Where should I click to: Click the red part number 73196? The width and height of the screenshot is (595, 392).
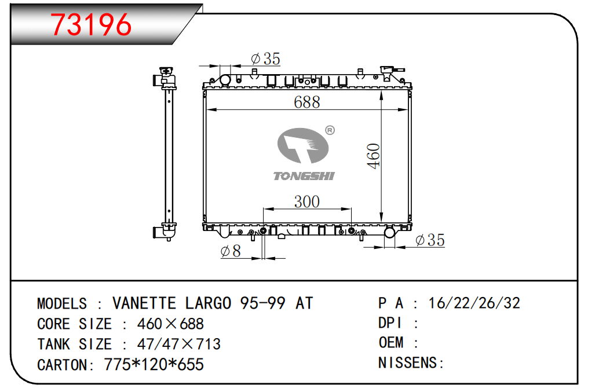click(x=91, y=25)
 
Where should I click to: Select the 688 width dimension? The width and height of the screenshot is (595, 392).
click(x=306, y=102)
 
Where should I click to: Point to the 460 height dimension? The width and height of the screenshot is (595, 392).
click(x=373, y=156)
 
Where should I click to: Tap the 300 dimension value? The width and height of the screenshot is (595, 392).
click(x=306, y=202)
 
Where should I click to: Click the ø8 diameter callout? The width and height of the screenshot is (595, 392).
click(x=231, y=251)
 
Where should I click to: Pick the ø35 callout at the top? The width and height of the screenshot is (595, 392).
click(x=265, y=58)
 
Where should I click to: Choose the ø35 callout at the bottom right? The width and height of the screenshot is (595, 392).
click(x=430, y=240)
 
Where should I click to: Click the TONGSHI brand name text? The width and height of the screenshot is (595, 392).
click(x=304, y=176)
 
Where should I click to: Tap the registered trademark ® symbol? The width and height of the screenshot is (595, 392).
click(x=330, y=130)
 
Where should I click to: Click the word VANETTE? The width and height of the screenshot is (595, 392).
click(x=144, y=303)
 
